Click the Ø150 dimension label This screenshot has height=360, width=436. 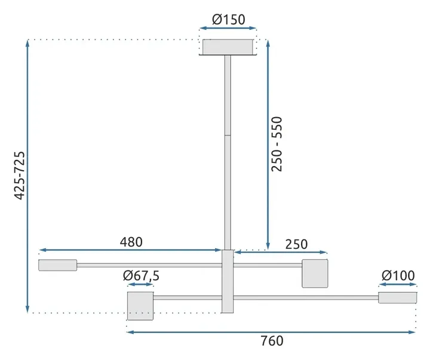coord(229,20)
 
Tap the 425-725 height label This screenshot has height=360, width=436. coord(20,176)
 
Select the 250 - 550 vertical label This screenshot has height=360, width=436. coord(277,144)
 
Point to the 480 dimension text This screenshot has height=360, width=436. coord(131,242)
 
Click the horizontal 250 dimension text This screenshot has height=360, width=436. coord(296,244)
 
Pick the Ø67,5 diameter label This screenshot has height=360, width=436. coord(142,275)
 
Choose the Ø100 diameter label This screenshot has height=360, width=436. coord(398,275)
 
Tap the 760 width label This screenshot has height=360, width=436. coord(272,341)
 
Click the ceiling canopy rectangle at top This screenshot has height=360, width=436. coord(228,47)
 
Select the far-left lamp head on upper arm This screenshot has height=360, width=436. coord(57,265)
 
